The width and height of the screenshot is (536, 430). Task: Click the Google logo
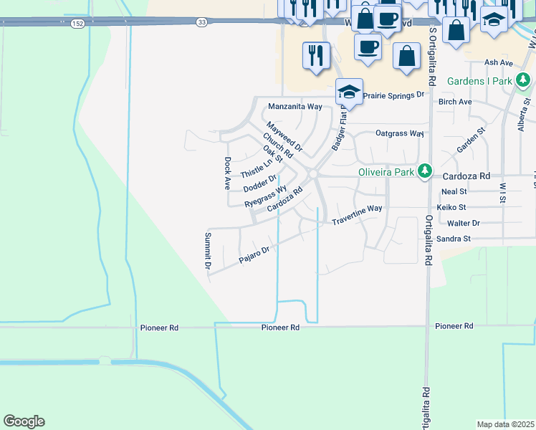point(24,421)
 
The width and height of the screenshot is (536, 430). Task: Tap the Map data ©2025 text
point(506,424)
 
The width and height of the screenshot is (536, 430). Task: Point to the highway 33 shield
point(203,23)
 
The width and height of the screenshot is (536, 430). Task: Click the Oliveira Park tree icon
point(426,171)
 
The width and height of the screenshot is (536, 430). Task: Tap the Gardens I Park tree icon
point(524,80)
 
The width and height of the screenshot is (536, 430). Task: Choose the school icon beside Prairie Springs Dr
point(349,91)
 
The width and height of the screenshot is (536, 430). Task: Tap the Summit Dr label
point(208,251)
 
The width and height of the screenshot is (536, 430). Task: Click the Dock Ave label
point(226,173)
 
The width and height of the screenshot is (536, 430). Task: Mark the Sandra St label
point(453,239)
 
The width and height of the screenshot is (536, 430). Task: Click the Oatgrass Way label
point(400,133)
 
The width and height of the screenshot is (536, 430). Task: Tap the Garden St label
point(472,140)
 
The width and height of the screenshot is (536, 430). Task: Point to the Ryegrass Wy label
point(266,197)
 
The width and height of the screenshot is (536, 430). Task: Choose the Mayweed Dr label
point(289,139)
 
